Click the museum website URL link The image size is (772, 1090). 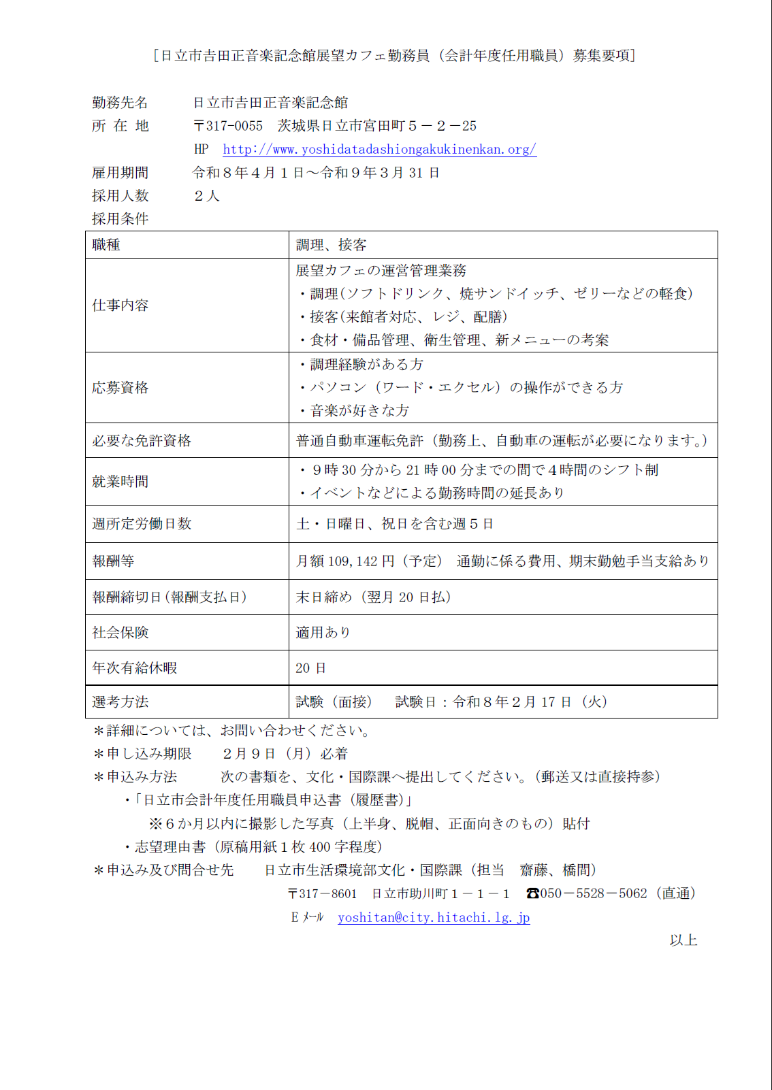point(379,150)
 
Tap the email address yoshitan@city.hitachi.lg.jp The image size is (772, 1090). point(434,918)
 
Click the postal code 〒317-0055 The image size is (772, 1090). point(228,126)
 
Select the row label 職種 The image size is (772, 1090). point(107,245)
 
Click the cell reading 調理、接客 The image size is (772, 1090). point(332,245)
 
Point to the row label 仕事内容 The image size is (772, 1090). point(120,305)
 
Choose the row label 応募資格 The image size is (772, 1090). point(120,388)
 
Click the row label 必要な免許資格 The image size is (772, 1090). point(142,441)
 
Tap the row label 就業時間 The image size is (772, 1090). point(120,482)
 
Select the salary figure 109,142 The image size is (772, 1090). point(353,561)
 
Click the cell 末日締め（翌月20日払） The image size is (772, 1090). point(373,597)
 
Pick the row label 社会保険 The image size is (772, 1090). point(120,633)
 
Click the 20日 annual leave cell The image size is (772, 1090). point(310,668)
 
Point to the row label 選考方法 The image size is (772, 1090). point(120,702)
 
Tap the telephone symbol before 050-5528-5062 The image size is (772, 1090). point(532,893)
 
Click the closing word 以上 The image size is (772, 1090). point(683,940)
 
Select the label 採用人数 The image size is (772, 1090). point(120,196)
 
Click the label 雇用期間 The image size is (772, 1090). point(120,173)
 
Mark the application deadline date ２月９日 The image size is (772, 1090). point(249,754)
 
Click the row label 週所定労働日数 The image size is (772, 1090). point(142,524)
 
